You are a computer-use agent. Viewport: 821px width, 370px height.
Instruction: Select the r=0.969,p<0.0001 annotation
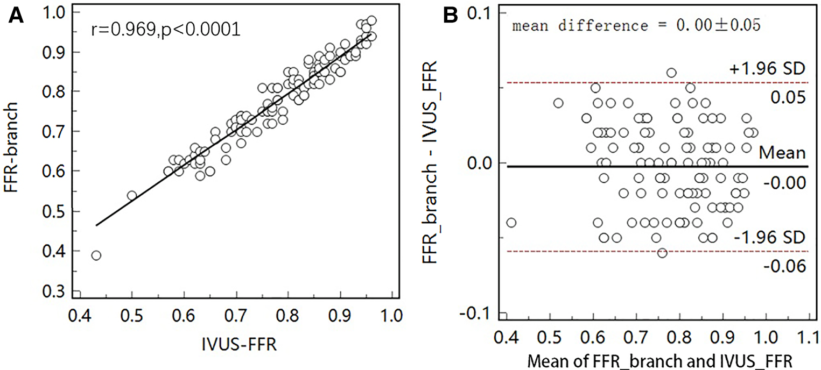tap(165, 30)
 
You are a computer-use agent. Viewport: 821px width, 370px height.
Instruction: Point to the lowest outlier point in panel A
tap(96, 255)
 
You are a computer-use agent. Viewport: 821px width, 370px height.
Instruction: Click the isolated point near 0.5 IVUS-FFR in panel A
tap(132, 195)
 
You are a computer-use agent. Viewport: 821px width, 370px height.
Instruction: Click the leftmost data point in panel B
tap(511, 222)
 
